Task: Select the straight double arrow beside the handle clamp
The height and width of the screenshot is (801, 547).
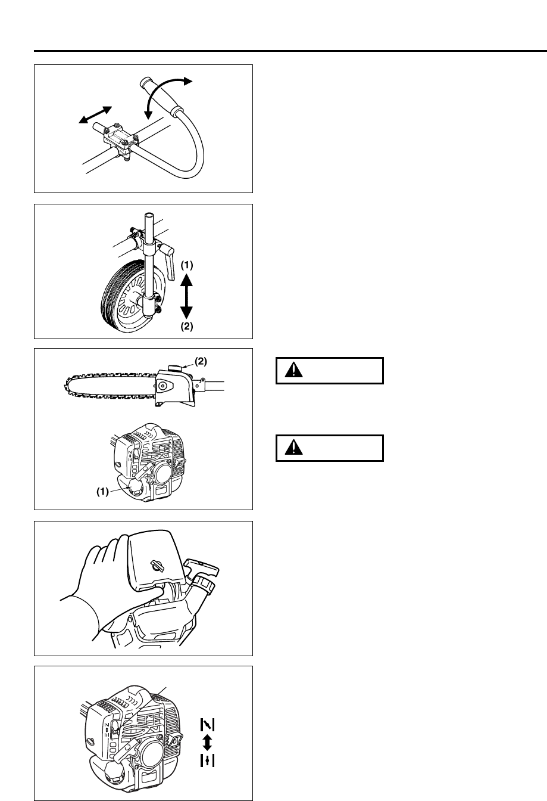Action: pos(95,116)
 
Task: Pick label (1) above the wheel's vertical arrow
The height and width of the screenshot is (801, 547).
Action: pos(186,263)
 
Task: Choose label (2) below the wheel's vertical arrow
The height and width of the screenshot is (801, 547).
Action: pos(186,326)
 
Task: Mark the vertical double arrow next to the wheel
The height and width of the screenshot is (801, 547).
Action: pos(186,294)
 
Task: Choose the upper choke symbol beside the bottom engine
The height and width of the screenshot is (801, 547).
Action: pos(208,725)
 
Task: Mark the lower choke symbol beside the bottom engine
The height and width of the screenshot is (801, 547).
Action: pos(208,760)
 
